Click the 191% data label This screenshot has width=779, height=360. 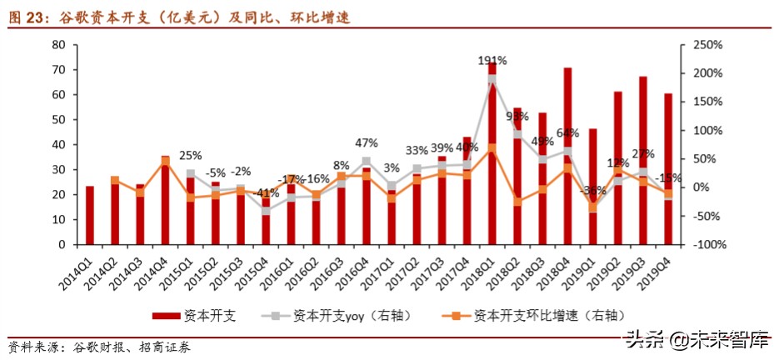[492, 61]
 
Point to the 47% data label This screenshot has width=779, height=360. [366, 142]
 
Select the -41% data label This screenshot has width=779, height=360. [265, 193]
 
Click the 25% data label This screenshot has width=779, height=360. [191, 155]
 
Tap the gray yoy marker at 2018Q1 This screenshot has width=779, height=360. [492, 80]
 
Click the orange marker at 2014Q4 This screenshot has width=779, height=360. [165, 159]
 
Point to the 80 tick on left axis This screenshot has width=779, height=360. [58, 44]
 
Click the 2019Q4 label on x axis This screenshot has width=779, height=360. [657, 271]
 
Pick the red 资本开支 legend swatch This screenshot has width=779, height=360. [165, 316]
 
